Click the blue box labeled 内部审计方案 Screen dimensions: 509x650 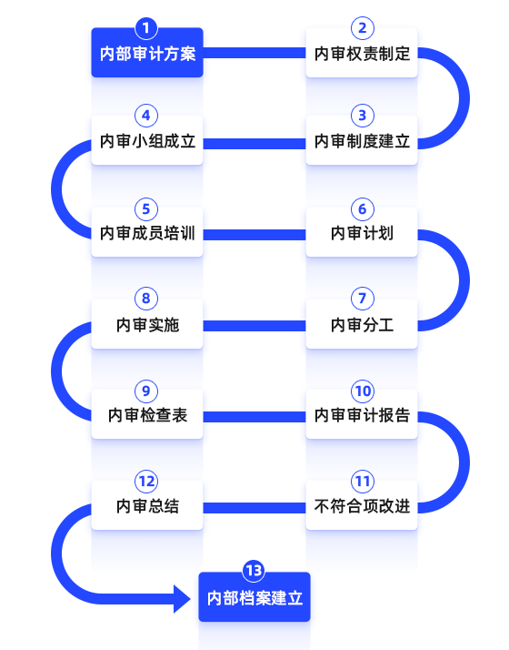point(147,53)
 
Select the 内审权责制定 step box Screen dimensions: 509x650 point(362,53)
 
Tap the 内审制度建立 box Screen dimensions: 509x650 point(362,140)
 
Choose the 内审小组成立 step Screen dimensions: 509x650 point(147,140)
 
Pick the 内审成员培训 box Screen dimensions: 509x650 point(147,232)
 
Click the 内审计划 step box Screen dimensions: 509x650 point(362,232)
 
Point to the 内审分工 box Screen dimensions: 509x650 point(362,324)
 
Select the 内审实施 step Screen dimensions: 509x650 point(147,324)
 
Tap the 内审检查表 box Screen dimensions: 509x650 point(147,414)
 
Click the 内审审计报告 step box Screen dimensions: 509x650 point(362,414)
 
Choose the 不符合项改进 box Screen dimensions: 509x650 point(362,505)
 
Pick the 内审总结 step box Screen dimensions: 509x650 point(147,505)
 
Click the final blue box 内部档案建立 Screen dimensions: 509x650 point(254,597)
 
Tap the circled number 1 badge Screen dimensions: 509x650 point(146,28)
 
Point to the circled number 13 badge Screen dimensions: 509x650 point(254,571)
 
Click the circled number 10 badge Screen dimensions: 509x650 point(363,391)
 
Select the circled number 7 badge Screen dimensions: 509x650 point(363,298)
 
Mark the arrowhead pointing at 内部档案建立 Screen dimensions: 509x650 point(182,599)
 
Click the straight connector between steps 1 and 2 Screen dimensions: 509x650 point(254,53)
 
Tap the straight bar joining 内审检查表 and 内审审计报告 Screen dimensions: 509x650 point(254,417)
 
